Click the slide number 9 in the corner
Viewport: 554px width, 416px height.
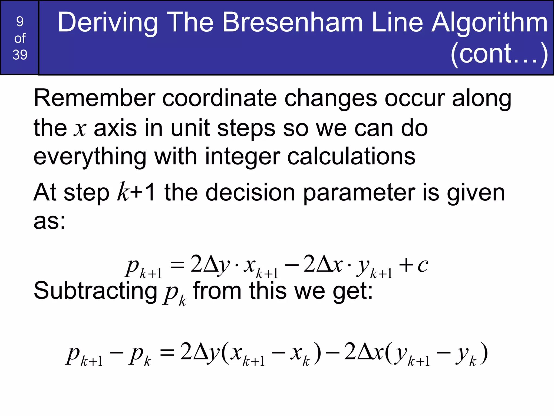pyautogui.click(x=20, y=22)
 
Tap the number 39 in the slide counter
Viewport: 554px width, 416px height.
pyautogui.click(x=20, y=55)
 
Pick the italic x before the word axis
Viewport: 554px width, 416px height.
pyautogui.click(x=80, y=128)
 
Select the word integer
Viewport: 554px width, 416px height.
pyautogui.click(x=242, y=157)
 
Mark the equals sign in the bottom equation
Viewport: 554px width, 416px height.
pyautogui.click(x=167, y=353)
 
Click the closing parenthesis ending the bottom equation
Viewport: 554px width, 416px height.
pyautogui.click(x=484, y=354)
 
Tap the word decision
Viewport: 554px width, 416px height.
pyautogui.click(x=250, y=193)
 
